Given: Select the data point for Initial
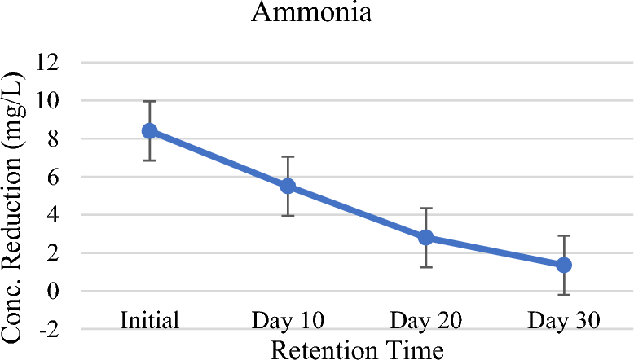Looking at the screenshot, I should pos(149,130).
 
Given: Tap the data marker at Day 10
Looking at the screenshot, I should pos(287,186).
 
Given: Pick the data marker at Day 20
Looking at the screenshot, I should pos(425,238).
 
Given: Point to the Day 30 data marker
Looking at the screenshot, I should pos(563,266).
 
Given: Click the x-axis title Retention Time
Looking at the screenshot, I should pos(357,349).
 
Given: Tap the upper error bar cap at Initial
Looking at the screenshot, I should pos(149,101).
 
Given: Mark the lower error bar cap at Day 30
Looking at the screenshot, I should pos(563,295).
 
